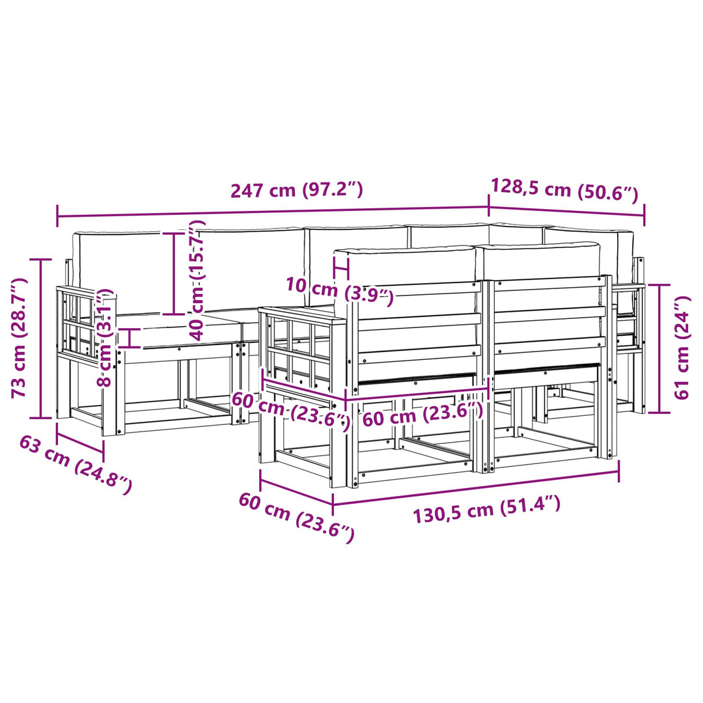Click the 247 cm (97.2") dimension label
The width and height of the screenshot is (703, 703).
[x=296, y=190]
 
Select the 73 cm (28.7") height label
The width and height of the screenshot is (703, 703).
[x=20, y=338]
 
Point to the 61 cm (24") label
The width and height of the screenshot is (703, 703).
[x=682, y=348]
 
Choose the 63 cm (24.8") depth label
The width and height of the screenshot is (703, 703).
[x=76, y=465]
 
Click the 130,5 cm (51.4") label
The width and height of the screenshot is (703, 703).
[x=486, y=509]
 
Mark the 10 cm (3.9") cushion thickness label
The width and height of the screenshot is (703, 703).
[x=339, y=292]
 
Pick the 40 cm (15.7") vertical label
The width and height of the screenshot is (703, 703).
[x=197, y=280]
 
